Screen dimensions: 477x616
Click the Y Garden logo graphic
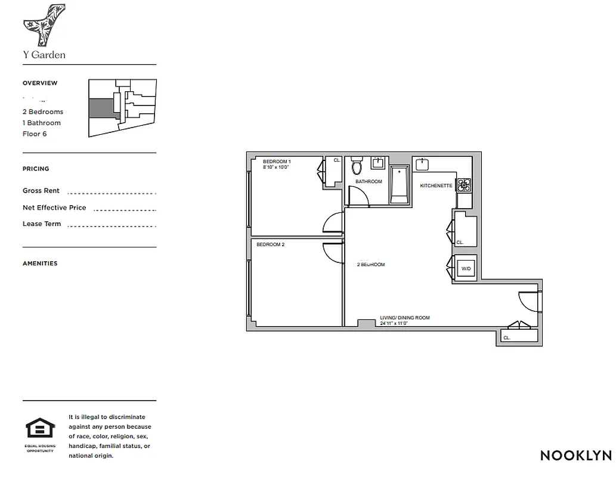[x=44, y=24]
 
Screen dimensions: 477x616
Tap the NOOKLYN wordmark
[x=575, y=456]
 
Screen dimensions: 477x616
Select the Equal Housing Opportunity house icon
[x=40, y=429]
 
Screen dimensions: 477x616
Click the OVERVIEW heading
[x=40, y=83]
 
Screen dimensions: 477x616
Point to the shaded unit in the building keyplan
[x=101, y=109]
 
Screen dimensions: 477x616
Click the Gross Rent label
[x=41, y=191]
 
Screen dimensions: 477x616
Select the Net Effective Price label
[x=54, y=207]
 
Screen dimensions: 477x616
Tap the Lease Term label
[x=42, y=224]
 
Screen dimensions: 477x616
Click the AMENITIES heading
[x=40, y=264]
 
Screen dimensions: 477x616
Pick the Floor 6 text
[x=35, y=134]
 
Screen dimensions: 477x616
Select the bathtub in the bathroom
[x=399, y=185]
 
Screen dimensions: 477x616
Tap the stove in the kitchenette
[x=464, y=185]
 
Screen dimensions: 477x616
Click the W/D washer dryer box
[x=466, y=269]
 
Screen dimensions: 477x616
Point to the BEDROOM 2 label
[x=270, y=244]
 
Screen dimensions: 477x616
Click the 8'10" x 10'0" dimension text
[x=276, y=168]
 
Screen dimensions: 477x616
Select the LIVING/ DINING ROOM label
[x=405, y=318]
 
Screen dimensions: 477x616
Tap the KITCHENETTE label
[x=436, y=186]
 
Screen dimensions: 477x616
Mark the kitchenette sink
[x=423, y=163]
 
